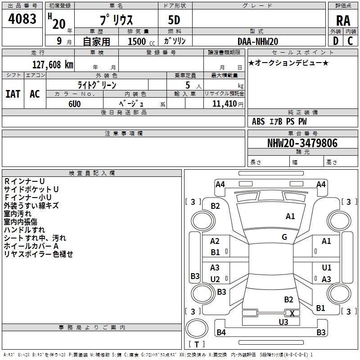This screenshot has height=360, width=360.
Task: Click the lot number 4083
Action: pyautogui.click(x=22, y=18)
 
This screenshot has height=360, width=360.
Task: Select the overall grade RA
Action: pyautogui.click(x=343, y=21)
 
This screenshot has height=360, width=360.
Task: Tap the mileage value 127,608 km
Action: pyautogui.click(x=53, y=65)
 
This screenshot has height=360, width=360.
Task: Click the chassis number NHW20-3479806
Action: pyautogui.click(x=302, y=143)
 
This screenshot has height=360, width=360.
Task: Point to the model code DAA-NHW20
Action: pyautogui.click(x=258, y=41)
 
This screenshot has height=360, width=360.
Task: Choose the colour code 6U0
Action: pyautogui.click(x=75, y=104)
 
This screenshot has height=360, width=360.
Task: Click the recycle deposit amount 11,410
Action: pyautogui.click(x=225, y=104)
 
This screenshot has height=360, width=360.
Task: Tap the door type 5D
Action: pyautogui.click(x=174, y=20)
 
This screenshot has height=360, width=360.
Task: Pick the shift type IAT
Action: pyautogui.click(x=13, y=94)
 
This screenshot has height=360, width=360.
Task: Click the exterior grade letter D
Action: pyautogui.click(x=336, y=41)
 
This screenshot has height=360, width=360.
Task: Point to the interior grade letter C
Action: pyautogui.click(x=350, y=41)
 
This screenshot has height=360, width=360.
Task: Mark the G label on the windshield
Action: pyautogui.click(x=284, y=237)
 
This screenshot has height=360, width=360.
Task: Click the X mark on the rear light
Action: pyautogui.click(x=292, y=313)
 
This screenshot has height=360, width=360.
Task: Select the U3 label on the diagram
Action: pyautogui.click(x=283, y=322)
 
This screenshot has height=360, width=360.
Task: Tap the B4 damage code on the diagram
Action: pyautogui.click(x=221, y=332)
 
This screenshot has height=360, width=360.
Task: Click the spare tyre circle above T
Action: pyautogui.click(x=197, y=328)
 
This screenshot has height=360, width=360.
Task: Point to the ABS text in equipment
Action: pyautogui.click(x=258, y=121)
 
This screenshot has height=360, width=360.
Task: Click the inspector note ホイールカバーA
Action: pyautogui.click(x=31, y=246)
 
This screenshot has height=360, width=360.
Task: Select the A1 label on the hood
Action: pyautogui.click(x=290, y=216)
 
